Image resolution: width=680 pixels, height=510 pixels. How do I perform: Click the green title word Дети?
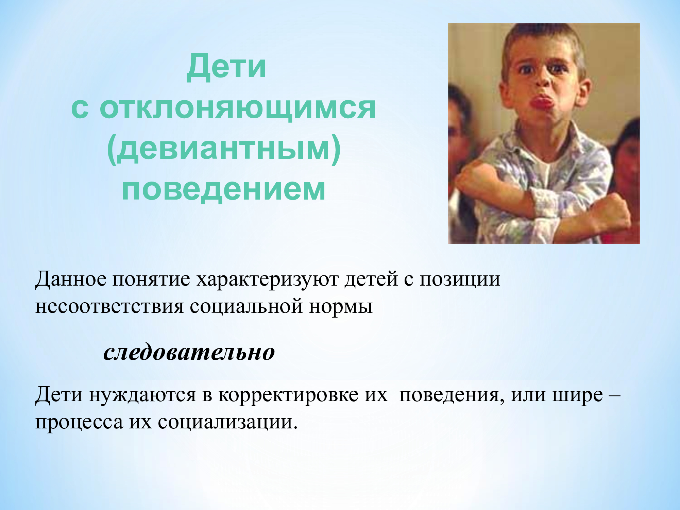[x=226, y=67]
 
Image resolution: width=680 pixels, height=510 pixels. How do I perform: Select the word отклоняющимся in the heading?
[x=238, y=108]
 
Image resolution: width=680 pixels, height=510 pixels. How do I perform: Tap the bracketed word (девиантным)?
[x=224, y=149]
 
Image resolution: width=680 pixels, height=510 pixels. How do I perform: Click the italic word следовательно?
[x=189, y=352]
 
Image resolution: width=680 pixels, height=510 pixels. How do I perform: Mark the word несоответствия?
[x=109, y=307]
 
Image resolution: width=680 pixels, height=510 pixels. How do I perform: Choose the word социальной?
[x=246, y=306]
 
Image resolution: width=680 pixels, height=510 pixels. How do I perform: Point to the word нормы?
[x=341, y=307]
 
